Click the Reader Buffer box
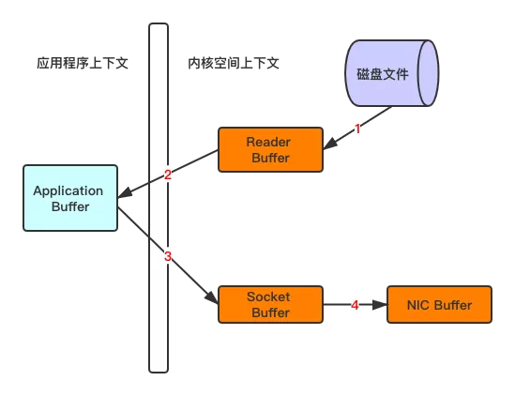click(x=270, y=150)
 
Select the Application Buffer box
click(x=70, y=198)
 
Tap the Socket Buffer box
click(x=270, y=305)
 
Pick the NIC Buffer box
click(x=438, y=305)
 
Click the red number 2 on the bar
click(x=167, y=175)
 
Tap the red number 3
click(x=168, y=256)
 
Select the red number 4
click(x=355, y=305)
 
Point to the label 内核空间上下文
click(x=235, y=64)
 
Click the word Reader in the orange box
click(x=268, y=142)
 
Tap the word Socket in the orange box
click(x=268, y=297)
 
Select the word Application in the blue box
click(x=68, y=190)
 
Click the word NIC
click(x=419, y=305)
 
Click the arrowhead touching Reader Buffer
click(x=328, y=145)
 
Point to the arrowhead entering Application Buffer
click(x=123, y=193)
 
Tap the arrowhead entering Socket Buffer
click(x=213, y=298)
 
